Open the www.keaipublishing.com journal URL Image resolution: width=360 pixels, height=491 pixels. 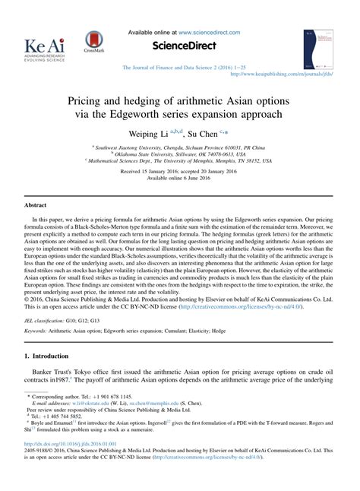coord(283,74)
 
